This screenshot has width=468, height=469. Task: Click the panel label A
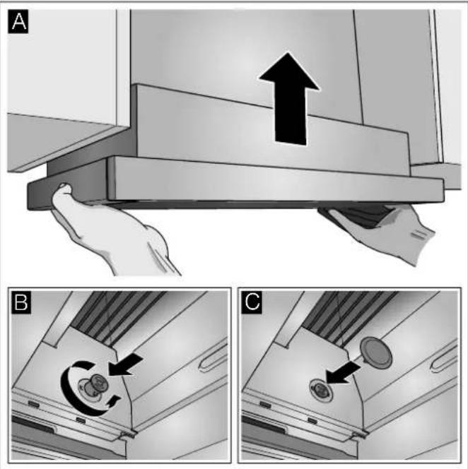pyautogui.click(x=18, y=21)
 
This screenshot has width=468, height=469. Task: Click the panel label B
pyautogui.click(x=21, y=302)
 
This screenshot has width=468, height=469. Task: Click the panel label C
pyautogui.click(x=252, y=302)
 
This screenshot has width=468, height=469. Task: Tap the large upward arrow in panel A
pyautogui.click(x=289, y=99)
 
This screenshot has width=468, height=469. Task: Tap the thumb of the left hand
pyautogui.click(x=62, y=191)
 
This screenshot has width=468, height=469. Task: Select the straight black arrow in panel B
pyautogui.click(x=126, y=365)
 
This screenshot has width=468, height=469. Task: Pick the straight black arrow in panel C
pyautogui.click(x=344, y=373)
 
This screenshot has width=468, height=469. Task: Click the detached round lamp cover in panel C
pyautogui.click(x=376, y=353)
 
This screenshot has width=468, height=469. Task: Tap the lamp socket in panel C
pyautogui.click(x=321, y=390)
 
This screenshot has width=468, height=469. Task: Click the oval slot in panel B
pyautogui.click(x=213, y=357)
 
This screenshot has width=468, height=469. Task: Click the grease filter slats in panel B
pyautogui.click(x=118, y=316)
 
